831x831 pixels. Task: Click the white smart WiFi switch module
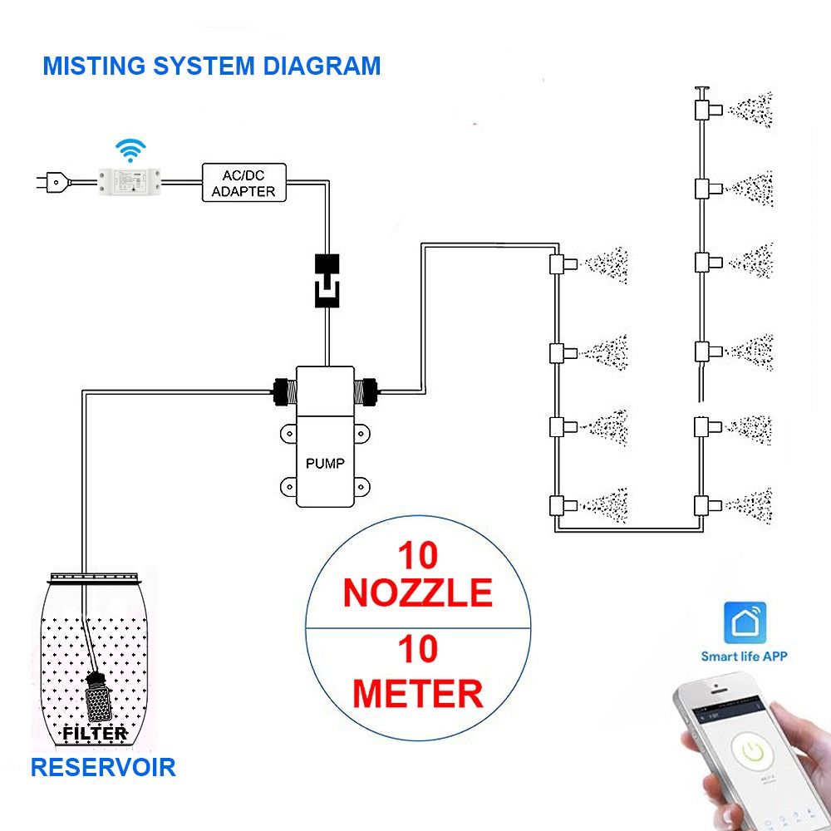tap(130, 180)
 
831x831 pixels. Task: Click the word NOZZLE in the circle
tap(417, 593)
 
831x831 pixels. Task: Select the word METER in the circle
tap(417, 692)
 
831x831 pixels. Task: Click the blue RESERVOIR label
tap(103, 766)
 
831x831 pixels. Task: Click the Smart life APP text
tap(744, 656)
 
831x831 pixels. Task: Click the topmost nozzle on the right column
tap(704, 108)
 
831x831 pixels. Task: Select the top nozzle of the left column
tap(559, 265)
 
